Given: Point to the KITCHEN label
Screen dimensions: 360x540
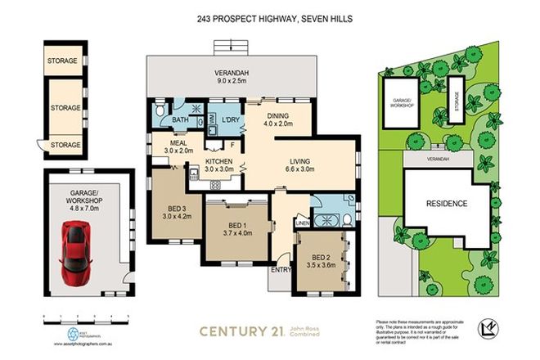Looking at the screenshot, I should tap(219, 162).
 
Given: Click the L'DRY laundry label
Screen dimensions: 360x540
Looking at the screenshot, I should tap(230, 120).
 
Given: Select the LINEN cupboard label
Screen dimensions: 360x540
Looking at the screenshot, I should tap(302, 222).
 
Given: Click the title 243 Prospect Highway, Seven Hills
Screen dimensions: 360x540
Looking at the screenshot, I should tap(269, 20).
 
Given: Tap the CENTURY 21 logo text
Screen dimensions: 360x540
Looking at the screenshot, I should tap(242, 331).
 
